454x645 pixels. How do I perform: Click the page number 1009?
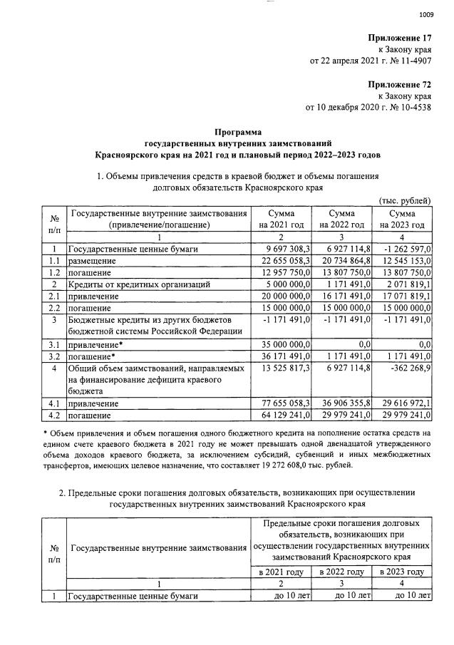426,14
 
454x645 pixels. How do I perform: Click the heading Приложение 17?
400,37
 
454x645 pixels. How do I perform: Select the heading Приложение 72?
400,83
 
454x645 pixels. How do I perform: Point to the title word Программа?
239,131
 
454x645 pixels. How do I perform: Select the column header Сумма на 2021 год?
282,219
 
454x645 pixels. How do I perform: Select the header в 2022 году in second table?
343,571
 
